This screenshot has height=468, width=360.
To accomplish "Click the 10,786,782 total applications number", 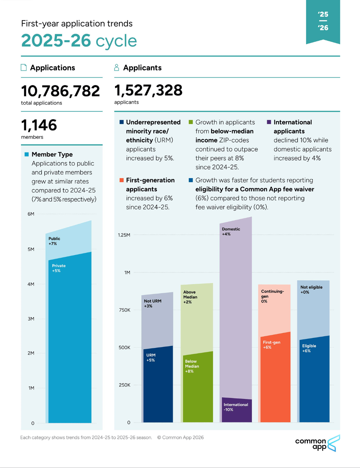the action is pos(60,91).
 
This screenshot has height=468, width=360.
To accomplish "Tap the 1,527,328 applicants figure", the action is pos(148,90).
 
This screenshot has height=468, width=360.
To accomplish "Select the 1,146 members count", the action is pos(39,125).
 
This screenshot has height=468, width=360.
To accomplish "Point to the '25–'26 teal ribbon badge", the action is pos(323,22).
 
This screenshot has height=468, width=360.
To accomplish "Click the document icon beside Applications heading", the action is pos(24,67).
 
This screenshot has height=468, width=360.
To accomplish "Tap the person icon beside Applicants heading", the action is pos(116,67).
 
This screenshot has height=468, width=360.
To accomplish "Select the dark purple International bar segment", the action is pos(237,410).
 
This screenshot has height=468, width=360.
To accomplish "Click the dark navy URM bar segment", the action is pos(158,384).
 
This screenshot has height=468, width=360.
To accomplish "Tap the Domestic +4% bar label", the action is pos(231,231).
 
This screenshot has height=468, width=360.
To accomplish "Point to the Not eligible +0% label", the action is pos(311,290).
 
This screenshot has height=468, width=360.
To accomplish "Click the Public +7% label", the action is pos(54,241).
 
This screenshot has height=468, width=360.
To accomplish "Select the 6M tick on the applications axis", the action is pos(31,214).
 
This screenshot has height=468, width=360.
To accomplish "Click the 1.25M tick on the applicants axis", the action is pos(124,235).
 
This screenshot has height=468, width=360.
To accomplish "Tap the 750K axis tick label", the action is pos(124,310).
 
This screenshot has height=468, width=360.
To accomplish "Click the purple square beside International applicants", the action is pos(269,122).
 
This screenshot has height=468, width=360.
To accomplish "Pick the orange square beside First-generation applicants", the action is pos(122,180).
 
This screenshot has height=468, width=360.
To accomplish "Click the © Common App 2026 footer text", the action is pos(180,437).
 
